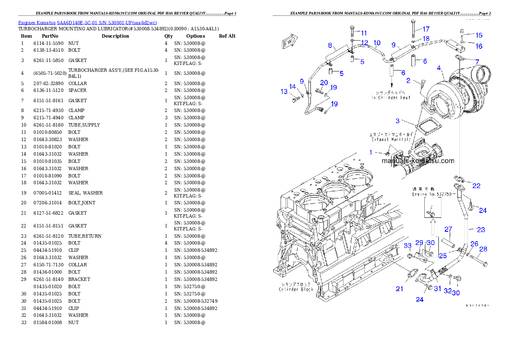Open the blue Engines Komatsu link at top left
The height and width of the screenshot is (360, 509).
87,22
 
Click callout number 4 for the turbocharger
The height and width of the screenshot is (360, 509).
439,67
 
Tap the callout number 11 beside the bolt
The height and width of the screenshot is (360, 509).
364,33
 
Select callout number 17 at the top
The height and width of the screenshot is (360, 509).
426,29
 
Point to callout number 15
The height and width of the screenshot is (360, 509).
479,35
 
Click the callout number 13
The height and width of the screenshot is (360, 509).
284,91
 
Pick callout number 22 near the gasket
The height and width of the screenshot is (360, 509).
476,186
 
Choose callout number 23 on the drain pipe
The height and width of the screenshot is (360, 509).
481,230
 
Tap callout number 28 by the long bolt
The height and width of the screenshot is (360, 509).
483,249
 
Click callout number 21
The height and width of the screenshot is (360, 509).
399,289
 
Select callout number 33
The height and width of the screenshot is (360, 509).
408,245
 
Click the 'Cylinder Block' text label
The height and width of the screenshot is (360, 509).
296,286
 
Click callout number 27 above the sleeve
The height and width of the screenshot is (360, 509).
448,229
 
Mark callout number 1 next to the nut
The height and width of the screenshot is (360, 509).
371,152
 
